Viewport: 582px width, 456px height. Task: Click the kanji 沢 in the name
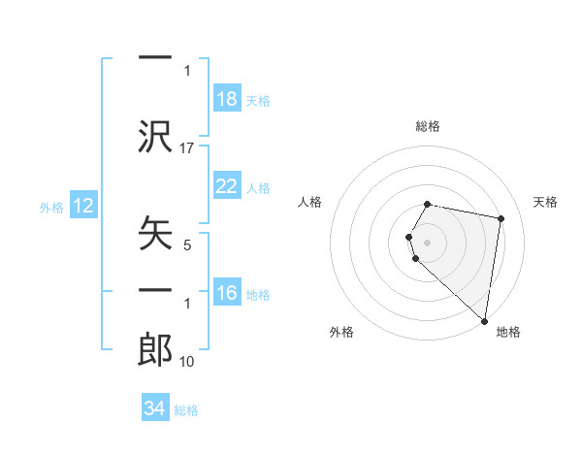point(155,137)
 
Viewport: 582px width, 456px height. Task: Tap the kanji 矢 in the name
point(155,234)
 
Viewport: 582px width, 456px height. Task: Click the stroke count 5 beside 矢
point(187,245)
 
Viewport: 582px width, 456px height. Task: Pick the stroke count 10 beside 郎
point(187,362)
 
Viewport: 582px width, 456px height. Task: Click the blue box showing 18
point(227,99)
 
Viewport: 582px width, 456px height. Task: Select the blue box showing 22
point(227,186)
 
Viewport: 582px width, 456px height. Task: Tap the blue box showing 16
point(227,293)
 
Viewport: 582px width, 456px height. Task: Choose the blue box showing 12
point(83,206)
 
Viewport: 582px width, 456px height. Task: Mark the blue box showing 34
point(155,408)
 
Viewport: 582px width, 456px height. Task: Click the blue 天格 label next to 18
point(258,100)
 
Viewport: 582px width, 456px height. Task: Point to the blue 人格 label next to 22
point(258,187)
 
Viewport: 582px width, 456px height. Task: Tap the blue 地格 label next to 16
point(258,294)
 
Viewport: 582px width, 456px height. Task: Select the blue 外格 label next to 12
point(51,207)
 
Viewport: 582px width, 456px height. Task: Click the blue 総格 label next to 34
point(186,409)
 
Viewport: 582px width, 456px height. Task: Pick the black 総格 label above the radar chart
point(428,126)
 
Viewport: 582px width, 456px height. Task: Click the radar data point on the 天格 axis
point(501,219)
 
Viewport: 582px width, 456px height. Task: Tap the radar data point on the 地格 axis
point(485,320)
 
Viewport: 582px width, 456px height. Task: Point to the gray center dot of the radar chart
point(428,241)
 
